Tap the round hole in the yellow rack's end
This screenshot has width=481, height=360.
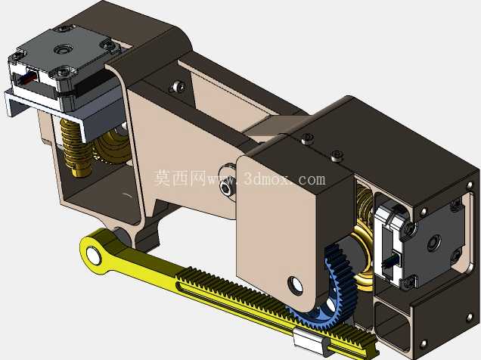tap(93, 255)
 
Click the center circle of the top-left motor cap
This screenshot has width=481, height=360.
tap(63, 49)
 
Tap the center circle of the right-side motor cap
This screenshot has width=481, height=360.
tap(434, 241)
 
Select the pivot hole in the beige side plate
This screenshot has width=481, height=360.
tap(295, 285)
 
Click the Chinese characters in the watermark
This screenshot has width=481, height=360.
tap(180, 178)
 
